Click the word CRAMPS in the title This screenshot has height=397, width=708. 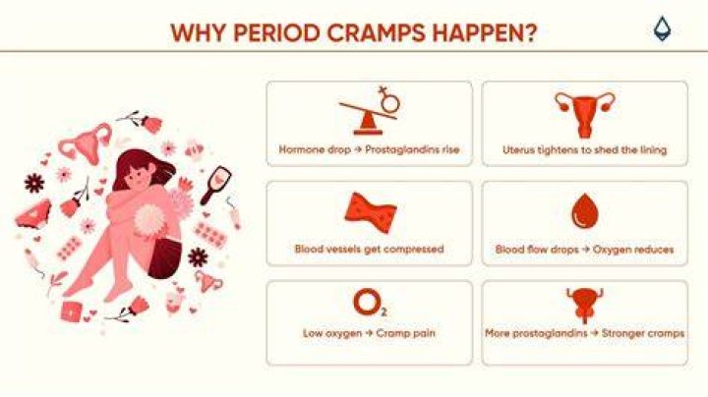point(376,33)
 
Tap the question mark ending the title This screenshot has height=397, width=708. point(530,32)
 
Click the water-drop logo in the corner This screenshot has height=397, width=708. point(663,28)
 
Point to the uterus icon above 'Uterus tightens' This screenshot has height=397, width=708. point(585,115)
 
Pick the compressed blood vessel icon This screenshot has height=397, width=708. point(371,213)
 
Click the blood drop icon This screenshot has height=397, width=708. point(585,211)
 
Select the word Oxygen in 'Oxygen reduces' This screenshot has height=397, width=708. point(611,249)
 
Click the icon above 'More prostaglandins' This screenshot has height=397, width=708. point(585,306)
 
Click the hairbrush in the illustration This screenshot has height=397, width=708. point(216,185)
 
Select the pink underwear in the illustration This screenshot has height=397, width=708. point(33,214)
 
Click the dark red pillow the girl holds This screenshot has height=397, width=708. point(165,255)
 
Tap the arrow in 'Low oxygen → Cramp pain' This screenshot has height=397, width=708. point(369,334)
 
